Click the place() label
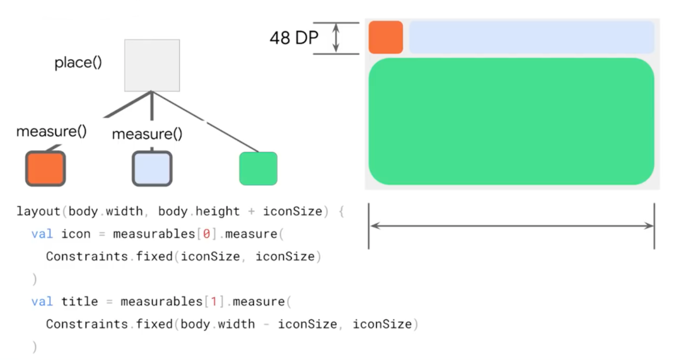tap(78, 63)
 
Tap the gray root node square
tap(152, 66)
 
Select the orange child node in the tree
tap(45, 168)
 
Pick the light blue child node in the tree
tap(152, 168)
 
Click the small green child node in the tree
tap(258, 168)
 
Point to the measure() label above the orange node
tap(51, 131)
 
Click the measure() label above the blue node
tap(147, 134)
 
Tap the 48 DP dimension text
tap(294, 38)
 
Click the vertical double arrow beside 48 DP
tap(336, 38)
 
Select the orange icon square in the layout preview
tap(386, 37)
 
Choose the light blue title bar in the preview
tap(532, 37)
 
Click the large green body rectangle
tap(511, 121)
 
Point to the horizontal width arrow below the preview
tap(511, 226)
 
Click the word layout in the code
tap(38, 211)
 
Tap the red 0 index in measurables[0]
tap(206, 234)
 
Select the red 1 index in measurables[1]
tap(213, 301)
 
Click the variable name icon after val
tap(76, 234)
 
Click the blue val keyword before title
tap(42, 301)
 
